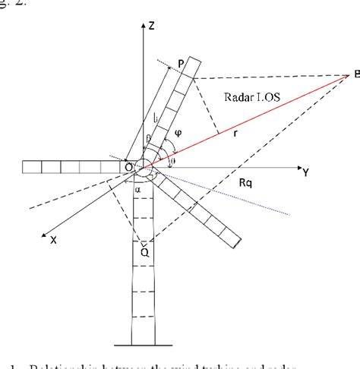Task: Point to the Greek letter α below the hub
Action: tap(137, 191)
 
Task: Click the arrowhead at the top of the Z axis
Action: tap(144, 24)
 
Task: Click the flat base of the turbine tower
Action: tap(144, 343)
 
